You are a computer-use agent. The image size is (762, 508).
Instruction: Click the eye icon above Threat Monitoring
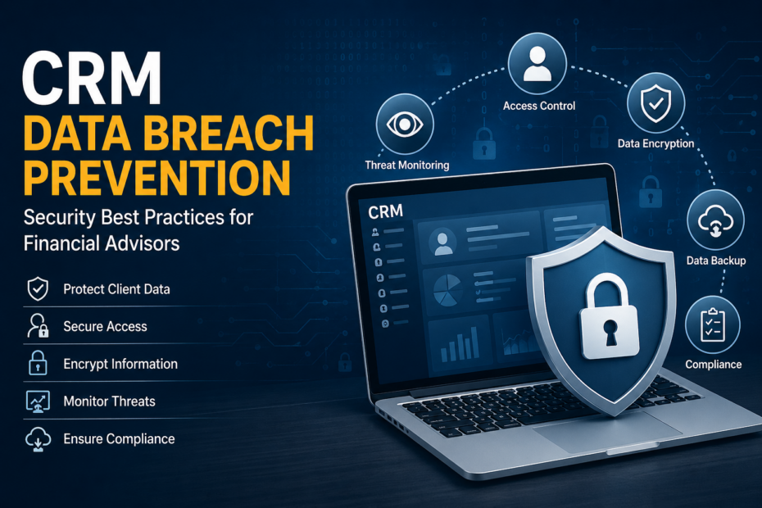[403, 124]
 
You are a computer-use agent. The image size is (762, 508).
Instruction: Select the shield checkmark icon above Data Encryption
[655, 102]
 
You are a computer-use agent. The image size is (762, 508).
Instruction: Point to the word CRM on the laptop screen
[386, 211]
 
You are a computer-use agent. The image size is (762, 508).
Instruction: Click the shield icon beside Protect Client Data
[39, 288]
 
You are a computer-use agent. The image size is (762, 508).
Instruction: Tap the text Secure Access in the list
[105, 326]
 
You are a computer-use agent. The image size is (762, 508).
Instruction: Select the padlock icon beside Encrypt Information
[39, 363]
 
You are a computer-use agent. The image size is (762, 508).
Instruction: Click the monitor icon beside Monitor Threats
[39, 401]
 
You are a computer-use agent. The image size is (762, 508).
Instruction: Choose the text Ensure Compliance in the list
[119, 438]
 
